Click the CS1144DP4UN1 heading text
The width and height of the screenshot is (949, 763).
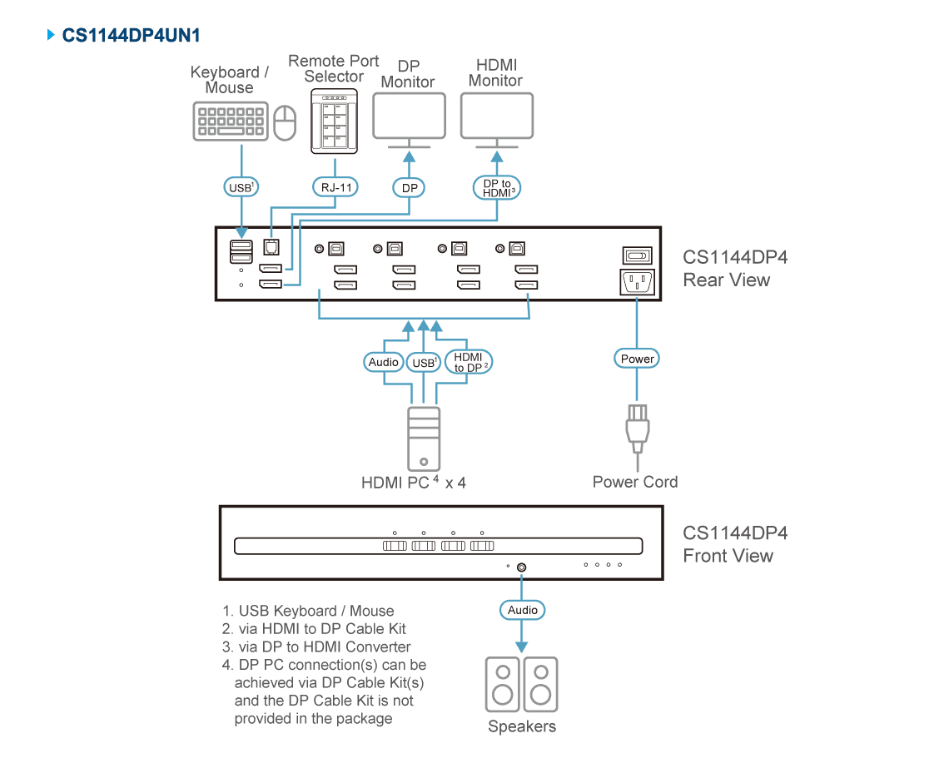pos(131,35)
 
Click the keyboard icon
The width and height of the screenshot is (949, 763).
pos(231,121)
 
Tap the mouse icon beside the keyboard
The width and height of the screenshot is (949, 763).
pos(285,123)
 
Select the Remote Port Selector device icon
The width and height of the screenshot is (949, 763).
pos(334,121)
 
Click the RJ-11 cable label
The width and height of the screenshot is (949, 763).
pos(336,187)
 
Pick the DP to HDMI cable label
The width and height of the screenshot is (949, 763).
pos(497,187)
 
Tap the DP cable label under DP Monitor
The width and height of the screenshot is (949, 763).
pos(409,187)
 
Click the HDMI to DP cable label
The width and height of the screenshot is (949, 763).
pos(469,362)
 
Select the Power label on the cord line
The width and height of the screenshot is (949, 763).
pos(637,359)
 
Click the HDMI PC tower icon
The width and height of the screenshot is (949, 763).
pos(424,438)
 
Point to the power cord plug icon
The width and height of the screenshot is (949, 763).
pos(638,429)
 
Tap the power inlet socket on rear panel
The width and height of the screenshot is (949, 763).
pos(638,282)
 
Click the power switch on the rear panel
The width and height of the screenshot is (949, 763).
pos(638,255)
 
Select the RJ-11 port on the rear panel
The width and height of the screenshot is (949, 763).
pos(271,247)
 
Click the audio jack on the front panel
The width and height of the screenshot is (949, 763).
pos(522,567)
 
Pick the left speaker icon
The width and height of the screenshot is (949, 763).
pos(502,684)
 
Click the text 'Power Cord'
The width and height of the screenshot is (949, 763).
pos(635,483)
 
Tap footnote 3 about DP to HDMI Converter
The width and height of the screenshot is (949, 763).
pos(316,647)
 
